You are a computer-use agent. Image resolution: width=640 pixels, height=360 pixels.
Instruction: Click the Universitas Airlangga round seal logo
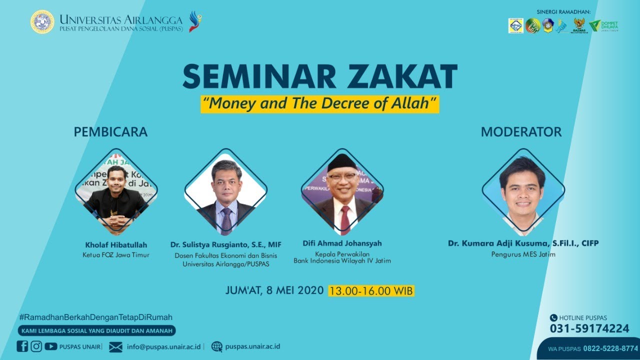click(x=42, y=22)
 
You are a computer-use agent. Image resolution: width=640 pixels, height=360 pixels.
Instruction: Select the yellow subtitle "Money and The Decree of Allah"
click(x=320, y=103)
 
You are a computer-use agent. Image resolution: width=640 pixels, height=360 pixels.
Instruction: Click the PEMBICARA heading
click(x=110, y=132)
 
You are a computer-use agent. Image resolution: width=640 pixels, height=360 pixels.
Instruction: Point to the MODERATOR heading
click(x=521, y=132)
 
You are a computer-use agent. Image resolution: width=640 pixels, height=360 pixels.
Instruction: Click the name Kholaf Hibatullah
click(x=116, y=245)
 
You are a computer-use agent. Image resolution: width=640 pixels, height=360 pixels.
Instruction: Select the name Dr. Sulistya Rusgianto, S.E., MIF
click(x=225, y=245)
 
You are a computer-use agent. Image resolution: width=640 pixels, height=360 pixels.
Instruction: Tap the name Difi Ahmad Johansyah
click(x=342, y=243)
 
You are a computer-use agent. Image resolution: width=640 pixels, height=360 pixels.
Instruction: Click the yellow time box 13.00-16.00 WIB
click(x=371, y=290)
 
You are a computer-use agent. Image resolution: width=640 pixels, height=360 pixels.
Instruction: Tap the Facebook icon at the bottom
click(x=22, y=346)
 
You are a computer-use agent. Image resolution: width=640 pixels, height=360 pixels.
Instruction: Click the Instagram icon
click(x=36, y=346)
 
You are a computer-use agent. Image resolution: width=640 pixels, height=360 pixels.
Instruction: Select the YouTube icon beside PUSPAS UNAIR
click(x=50, y=346)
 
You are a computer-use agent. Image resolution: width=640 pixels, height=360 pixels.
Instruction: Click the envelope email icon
click(x=115, y=346)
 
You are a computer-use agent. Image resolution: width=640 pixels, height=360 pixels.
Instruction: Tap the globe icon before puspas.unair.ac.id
click(x=216, y=346)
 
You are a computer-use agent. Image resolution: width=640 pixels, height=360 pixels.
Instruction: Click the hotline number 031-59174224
click(x=589, y=328)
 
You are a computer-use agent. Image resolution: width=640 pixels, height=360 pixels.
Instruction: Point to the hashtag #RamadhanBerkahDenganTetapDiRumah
click(x=95, y=317)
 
